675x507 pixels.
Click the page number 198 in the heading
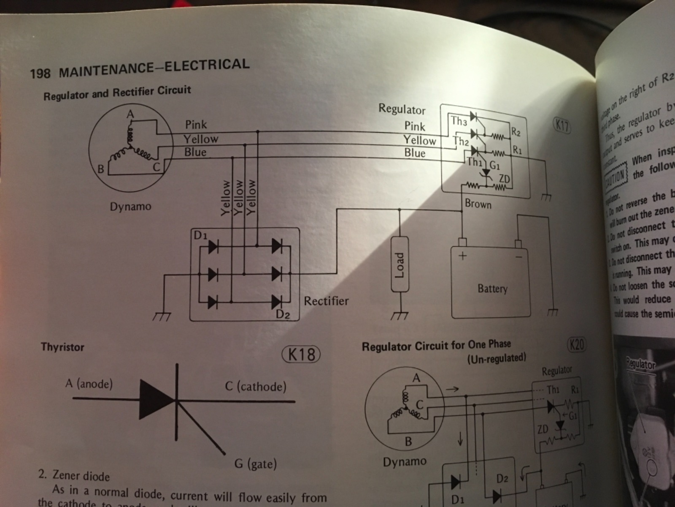40,74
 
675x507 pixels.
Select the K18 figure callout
301,354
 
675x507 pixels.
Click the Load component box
400,265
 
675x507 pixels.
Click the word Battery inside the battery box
492,289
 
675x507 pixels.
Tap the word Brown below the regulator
478,204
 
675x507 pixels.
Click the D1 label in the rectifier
200,236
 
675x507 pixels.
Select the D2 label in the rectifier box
283,314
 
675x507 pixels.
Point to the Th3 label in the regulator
458,121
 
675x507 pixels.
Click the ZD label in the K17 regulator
504,179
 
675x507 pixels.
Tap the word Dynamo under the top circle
130,207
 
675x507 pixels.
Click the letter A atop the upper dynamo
130,114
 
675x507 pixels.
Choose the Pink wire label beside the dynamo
196,125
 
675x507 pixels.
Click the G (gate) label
256,464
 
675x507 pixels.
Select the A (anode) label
89,384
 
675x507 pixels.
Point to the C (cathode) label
256,386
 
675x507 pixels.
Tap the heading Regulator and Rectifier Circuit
117,92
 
